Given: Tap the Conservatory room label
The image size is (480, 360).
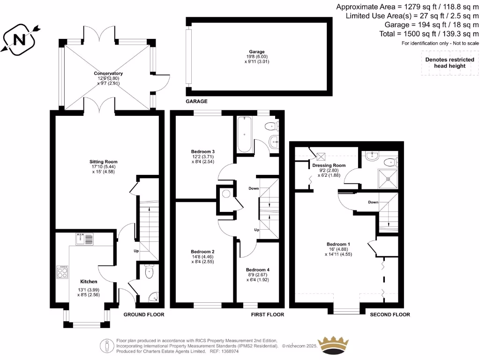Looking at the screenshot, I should tap(108, 74).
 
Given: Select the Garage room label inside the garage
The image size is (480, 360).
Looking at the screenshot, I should tap(256, 52).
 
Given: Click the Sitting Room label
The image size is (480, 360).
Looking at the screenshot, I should tap(103, 162).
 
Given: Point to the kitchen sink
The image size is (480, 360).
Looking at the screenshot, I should tap(84, 239).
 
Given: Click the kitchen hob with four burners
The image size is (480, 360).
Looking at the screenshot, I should tap(62, 272).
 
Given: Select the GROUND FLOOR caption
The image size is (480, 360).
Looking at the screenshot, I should tap(143, 315).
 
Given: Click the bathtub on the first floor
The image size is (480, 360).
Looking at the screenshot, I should tap(245, 135).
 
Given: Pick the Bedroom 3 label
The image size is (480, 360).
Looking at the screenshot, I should tap(202, 151).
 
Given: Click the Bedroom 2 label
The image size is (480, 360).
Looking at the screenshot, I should tap(202, 251).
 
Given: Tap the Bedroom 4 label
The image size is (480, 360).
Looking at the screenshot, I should tap(257, 270).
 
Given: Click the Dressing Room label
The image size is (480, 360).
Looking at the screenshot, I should tap(329, 165).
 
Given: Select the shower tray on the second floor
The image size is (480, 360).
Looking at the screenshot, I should tap(387, 178).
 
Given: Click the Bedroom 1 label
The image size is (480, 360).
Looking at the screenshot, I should tap(338, 244).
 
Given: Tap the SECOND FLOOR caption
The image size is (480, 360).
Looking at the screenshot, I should tap(390, 315).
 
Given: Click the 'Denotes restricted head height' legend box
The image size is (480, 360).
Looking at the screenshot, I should tap(445, 63).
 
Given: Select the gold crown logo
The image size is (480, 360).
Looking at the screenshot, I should tap(333, 345).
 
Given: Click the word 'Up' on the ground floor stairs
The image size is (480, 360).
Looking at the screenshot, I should tap(136, 251).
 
